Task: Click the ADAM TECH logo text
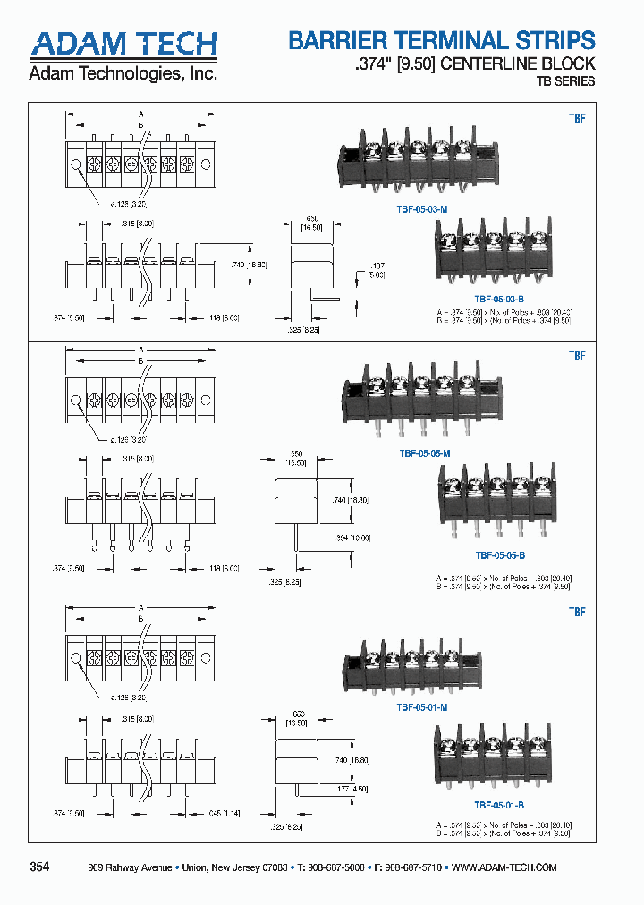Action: point(124,44)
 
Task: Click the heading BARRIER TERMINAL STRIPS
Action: point(441,40)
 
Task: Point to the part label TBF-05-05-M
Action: point(424,453)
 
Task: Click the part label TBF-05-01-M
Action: point(422,706)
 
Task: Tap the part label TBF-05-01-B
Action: point(498,805)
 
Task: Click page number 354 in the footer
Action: point(40,867)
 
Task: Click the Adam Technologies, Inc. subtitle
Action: point(123,74)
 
